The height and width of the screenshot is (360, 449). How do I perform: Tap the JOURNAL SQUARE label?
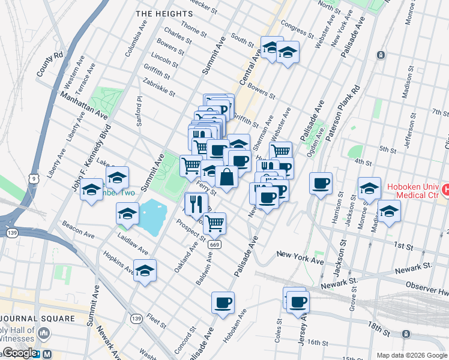(37, 318)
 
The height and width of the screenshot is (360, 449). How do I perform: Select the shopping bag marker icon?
(226, 178)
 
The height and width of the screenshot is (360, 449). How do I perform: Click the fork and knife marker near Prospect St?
(196, 205)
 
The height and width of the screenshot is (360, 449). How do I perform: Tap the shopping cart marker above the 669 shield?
(214, 224)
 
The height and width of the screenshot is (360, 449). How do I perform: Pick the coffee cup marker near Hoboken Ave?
(223, 302)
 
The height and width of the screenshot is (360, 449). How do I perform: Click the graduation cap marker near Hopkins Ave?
(145, 271)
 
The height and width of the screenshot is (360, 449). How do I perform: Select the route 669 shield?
(214, 245)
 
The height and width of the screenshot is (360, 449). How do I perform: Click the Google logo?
(19, 353)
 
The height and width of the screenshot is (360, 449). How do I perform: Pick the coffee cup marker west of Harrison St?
(321, 184)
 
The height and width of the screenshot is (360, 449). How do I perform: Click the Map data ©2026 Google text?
(411, 355)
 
